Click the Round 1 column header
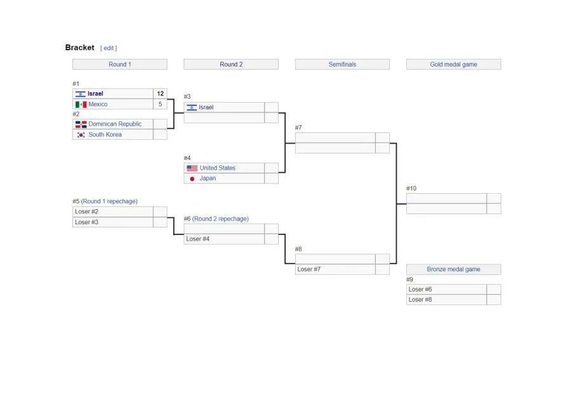coord(119,64)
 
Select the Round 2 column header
coord(231,64)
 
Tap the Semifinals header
coord(342,64)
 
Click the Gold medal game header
coord(453,64)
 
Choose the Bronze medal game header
coord(453,269)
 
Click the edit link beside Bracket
coord(109,48)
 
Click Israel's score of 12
coord(160,93)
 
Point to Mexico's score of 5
coord(160,104)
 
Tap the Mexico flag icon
coord(81,104)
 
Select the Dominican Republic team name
coord(115,124)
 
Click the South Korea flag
coord(81,135)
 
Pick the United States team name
coord(217,168)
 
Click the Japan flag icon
coord(192,179)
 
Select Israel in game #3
coord(206,107)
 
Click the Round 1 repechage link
coord(109,201)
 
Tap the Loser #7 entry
coord(309,269)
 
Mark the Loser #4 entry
coord(197,239)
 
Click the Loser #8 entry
coord(420,299)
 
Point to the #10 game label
coord(411,188)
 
